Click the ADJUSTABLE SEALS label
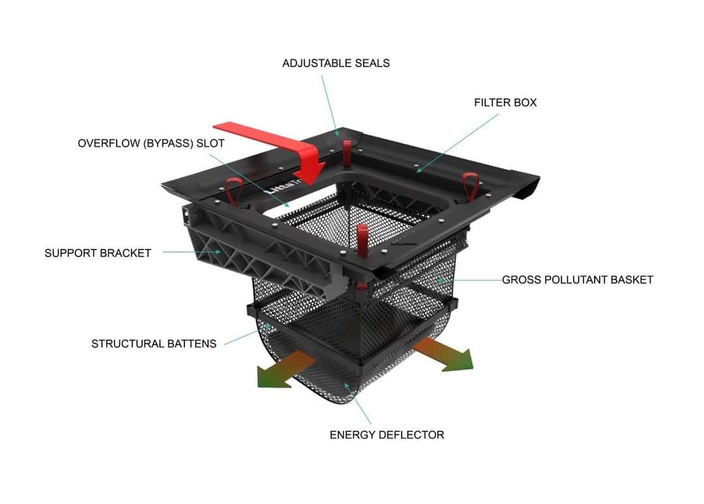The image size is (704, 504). [x=336, y=63]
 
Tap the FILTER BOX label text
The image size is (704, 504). [x=505, y=102]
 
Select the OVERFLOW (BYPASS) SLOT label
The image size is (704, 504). [x=151, y=143]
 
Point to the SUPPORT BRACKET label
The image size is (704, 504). [x=98, y=253]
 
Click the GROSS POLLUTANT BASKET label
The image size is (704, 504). [x=577, y=280]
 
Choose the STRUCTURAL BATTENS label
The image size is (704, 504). [x=154, y=343]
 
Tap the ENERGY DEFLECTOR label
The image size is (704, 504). [x=387, y=434]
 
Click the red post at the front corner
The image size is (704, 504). [x=362, y=238]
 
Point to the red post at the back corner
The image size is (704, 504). [x=346, y=150]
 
